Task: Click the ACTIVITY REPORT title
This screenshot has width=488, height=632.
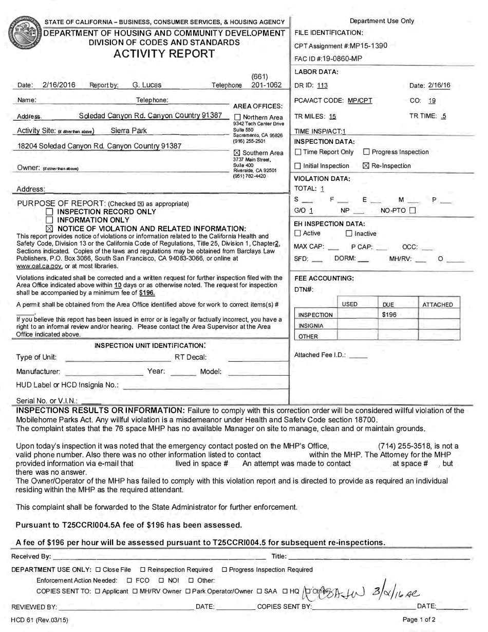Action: coord(164,53)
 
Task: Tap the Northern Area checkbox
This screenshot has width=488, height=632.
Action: coord(237,118)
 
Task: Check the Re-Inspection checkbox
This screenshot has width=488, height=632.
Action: coord(366,166)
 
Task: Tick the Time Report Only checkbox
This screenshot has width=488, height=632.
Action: coord(298,152)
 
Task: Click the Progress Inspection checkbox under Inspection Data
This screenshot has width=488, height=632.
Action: coord(366,152)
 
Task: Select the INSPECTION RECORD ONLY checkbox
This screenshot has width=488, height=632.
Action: coord(49,212)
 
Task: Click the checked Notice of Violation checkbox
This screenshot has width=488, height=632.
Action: coord(49,228)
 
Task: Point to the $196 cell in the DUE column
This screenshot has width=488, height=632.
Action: coord(390,314)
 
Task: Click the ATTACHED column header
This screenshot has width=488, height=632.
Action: coord(437,305)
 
